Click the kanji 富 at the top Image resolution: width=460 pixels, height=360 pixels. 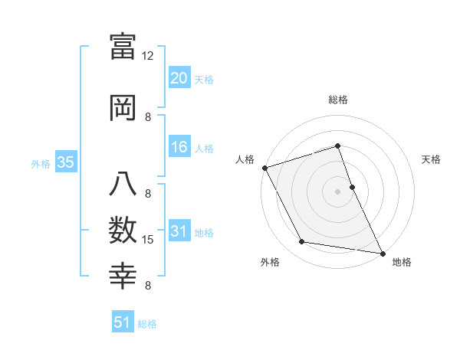(123, 47)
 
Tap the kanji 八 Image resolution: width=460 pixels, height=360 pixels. (123, 186)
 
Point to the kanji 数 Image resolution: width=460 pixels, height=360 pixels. (123, 230)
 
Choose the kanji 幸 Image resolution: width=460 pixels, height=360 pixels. (123, 275)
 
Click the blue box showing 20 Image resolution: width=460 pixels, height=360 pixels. (179, 78)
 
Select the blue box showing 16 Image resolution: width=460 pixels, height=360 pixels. (179, 147)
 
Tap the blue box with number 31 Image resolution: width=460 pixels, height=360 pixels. (179, 231)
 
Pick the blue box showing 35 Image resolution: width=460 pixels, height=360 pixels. (65, 162)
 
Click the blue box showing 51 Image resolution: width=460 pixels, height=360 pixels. (123, 322)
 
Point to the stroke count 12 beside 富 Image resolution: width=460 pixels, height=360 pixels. (148, 56)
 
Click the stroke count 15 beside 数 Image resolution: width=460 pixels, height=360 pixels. (148, 240)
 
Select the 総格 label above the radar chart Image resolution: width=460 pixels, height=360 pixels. (338, 100)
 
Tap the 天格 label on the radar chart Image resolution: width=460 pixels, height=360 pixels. (431, 159)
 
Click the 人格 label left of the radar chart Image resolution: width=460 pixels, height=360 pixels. (245, 159)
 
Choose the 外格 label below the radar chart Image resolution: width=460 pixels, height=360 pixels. (270, 263)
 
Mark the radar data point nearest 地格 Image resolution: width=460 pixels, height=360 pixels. (382, 253)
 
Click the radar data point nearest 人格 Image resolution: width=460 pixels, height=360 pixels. (264, 168)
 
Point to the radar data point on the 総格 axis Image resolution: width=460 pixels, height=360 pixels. (337, 146)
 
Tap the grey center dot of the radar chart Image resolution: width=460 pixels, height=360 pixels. (337, 191)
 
